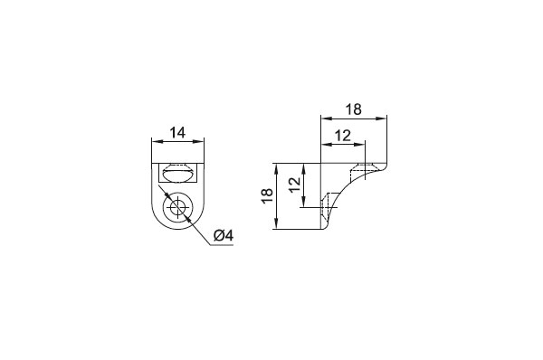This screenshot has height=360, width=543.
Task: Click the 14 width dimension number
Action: [x=177, y=133]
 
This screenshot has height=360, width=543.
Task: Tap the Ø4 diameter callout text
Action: [x=224, y=236]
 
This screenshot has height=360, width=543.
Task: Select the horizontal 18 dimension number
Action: [x=354, y=109]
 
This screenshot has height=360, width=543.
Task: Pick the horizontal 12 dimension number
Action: [x=343, y=136]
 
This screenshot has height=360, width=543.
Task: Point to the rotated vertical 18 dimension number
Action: [x=269, y=196]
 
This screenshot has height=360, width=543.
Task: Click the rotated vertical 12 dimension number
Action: [x=295, y=185]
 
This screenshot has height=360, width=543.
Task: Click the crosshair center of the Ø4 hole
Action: [x=177, y=207]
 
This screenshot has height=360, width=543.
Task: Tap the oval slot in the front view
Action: [x=177, y=173]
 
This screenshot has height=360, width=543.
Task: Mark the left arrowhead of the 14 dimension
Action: [x=157, y=141]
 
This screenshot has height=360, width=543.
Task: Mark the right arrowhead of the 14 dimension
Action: [x=199, y=141]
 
